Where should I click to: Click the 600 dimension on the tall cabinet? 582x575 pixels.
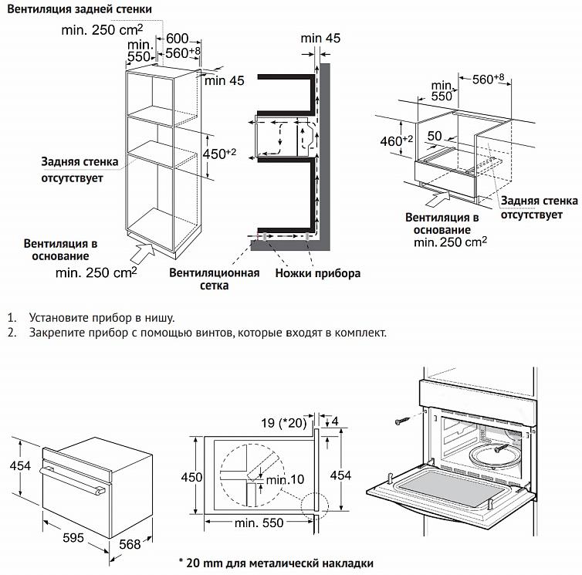tap(178, 39)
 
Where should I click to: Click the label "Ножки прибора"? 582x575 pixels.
tap(318, 273)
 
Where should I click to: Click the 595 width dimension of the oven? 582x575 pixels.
tap(73, 538)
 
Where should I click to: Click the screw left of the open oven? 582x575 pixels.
tap(404, 421)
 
